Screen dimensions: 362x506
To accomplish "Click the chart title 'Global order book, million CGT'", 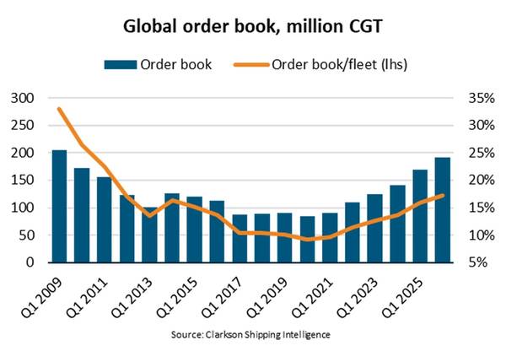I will pos(253,26).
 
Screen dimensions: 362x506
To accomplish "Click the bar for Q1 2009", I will pos(59,206).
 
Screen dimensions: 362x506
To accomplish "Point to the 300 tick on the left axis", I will pos(23,98).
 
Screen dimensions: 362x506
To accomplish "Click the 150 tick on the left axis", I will pos(23,180).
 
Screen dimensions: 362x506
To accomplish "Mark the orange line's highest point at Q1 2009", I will pos(59,109).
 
